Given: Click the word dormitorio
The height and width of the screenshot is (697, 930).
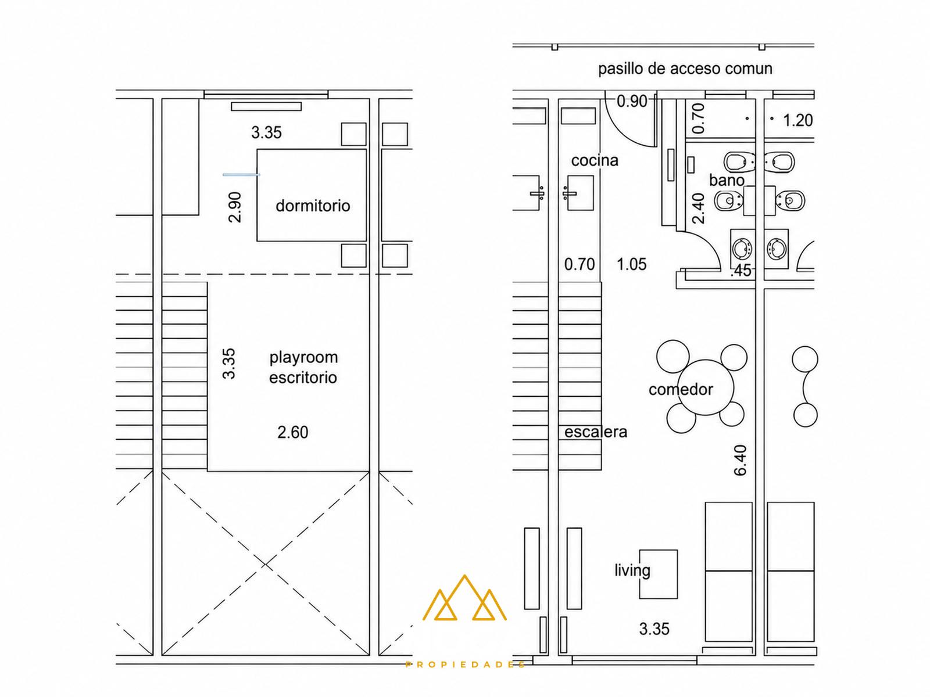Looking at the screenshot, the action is tap(313, 206).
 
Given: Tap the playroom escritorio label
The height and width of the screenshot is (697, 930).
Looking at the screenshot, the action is tap(303, 367).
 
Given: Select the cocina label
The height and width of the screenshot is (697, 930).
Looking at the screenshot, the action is tap(595, 160).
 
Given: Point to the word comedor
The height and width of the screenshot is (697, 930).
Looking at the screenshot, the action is tap(681, 389).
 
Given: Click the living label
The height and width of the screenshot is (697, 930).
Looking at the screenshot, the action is tap(632, 570).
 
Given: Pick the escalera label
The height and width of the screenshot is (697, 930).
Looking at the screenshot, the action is tap(596, 432).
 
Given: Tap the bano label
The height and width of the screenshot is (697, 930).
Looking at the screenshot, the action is tap(727, 181).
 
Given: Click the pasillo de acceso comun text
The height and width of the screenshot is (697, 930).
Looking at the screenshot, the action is tap(685, 69).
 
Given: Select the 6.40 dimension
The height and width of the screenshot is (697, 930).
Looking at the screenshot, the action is tap(741, 460).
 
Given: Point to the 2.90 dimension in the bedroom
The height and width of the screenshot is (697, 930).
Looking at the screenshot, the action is tap(235, 207).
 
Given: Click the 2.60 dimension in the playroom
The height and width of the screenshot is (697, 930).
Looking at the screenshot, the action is tap(293, 433).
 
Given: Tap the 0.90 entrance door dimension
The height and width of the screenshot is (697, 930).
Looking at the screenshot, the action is tap(632, 102).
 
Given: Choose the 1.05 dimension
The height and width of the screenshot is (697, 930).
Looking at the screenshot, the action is tap(631, 264).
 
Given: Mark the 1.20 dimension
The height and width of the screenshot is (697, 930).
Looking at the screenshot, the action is tap(798, 121).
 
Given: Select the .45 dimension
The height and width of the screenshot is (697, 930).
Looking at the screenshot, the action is tap(741, 271).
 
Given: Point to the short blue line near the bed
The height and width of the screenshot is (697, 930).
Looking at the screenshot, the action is tap(241, 174).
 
